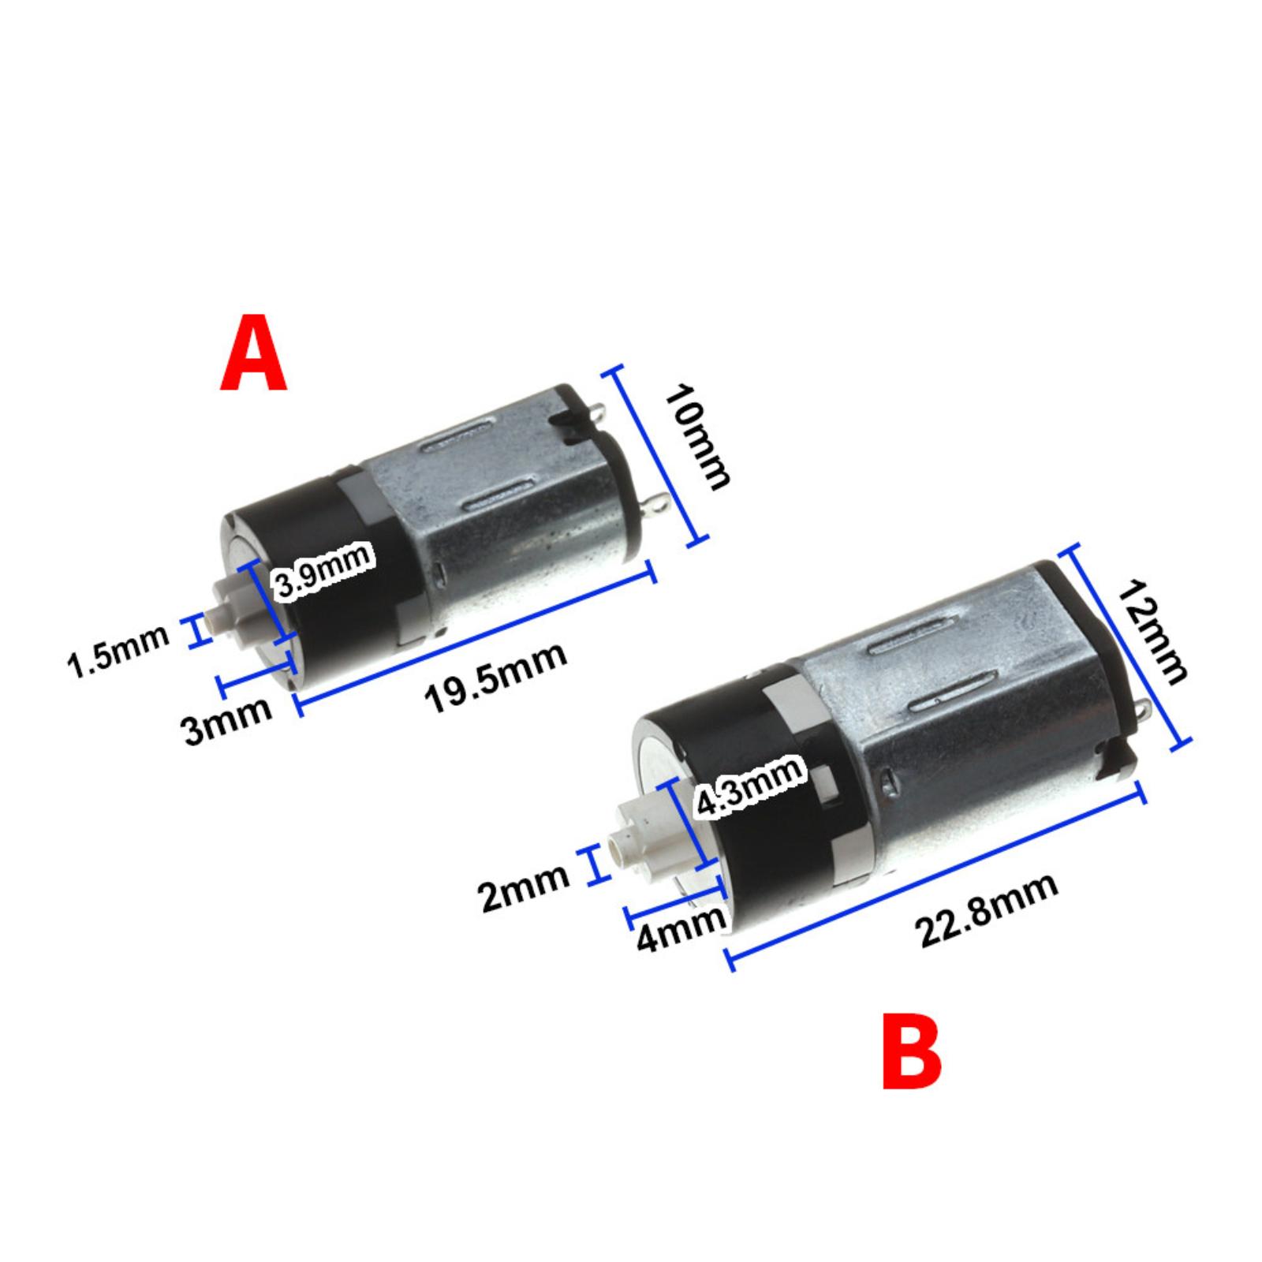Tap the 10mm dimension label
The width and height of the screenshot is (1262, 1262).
click(697, 437)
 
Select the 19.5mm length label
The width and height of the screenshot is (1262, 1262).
click(495, 678)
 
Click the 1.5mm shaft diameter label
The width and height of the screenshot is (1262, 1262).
click(119, 651)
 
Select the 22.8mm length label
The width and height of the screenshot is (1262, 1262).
click(987, 911)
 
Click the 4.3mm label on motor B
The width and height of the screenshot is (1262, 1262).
click(749, 786)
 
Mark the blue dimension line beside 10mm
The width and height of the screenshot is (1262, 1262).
click(655, 456)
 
